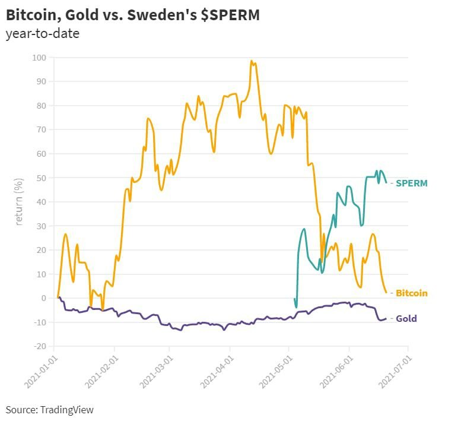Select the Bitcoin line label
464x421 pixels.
[411, 293]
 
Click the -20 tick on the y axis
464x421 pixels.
[41, 346]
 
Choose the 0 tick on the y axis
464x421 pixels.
[45, 298]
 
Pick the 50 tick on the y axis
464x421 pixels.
[43, 178]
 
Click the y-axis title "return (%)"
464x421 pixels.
[20, 201]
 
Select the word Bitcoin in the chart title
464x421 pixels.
[30, 14]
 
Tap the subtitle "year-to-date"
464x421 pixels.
[42, 33]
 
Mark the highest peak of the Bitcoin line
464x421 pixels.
[252, 61]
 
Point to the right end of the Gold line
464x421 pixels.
[386, 318]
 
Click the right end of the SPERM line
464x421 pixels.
[386, 182]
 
